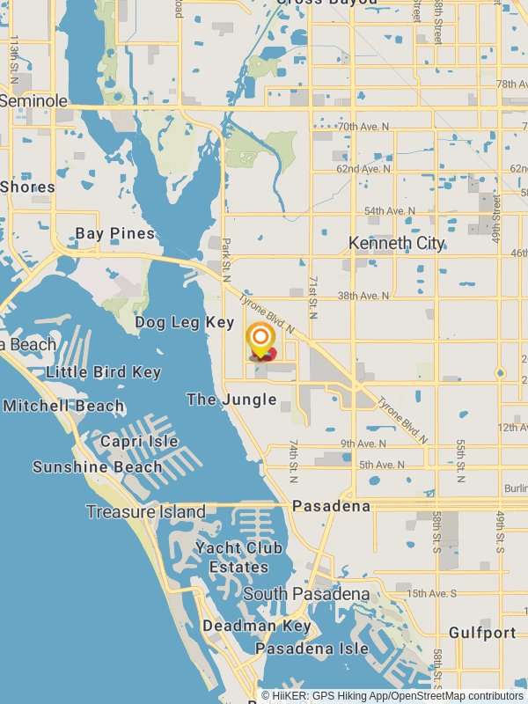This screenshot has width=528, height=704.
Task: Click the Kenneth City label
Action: pos(396,243)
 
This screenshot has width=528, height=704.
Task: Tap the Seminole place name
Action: pos(33,101)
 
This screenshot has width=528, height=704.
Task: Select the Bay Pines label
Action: pos(114,233)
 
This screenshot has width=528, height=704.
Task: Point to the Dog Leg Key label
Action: pos(185,323)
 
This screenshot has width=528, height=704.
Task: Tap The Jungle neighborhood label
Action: pos(231,400)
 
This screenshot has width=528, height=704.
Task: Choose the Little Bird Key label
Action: pos(103,372)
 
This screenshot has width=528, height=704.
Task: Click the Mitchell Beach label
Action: pos(63,406)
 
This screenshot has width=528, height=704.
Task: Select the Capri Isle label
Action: pos(139,441)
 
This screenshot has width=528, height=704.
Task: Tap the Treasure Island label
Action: pos(146,511)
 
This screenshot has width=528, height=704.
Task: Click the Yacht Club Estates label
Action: pos(238,557)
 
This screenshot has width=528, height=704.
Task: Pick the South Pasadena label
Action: pos(306,594)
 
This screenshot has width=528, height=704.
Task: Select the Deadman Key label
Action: pos(257,626)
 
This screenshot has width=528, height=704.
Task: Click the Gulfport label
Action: pos(482,633)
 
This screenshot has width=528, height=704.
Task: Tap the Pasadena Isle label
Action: pos(312,649)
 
